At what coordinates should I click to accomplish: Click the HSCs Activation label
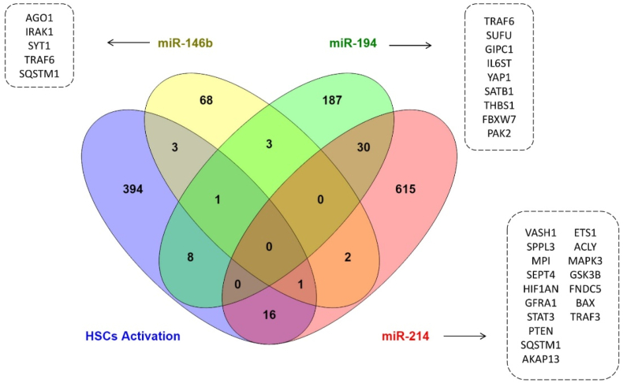tap(132, 337)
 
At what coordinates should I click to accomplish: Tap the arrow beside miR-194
tap(412, 45)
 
